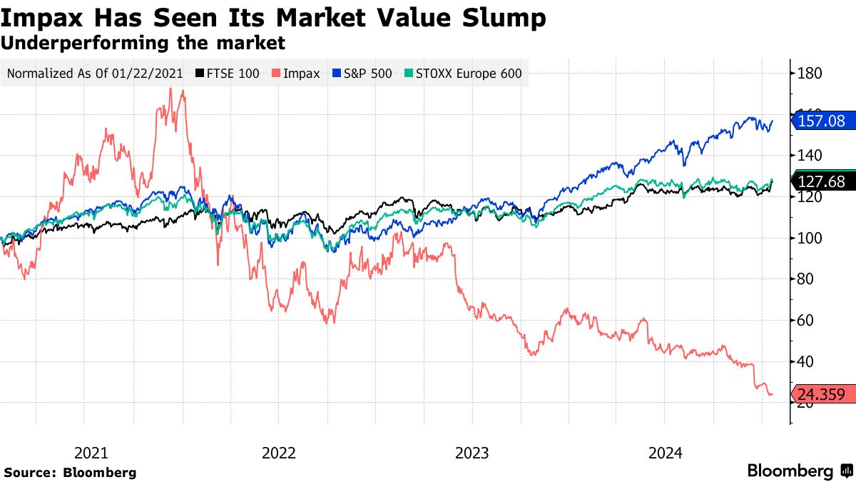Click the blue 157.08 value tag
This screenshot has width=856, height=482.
click(824, 121)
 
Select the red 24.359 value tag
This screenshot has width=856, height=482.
click(824, 393)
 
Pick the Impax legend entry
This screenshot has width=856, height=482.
click(295, 73)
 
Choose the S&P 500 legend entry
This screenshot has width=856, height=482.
click(362, 73)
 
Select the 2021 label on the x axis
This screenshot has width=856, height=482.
click(91, 453)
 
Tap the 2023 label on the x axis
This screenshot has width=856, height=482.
click(472, 453)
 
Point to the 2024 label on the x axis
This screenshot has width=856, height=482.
click(665, 453)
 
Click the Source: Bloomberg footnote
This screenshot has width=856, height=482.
click(70, 472)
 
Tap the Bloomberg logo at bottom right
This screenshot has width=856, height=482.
click(799, 471)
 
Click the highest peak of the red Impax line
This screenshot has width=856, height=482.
click(170, 89)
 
